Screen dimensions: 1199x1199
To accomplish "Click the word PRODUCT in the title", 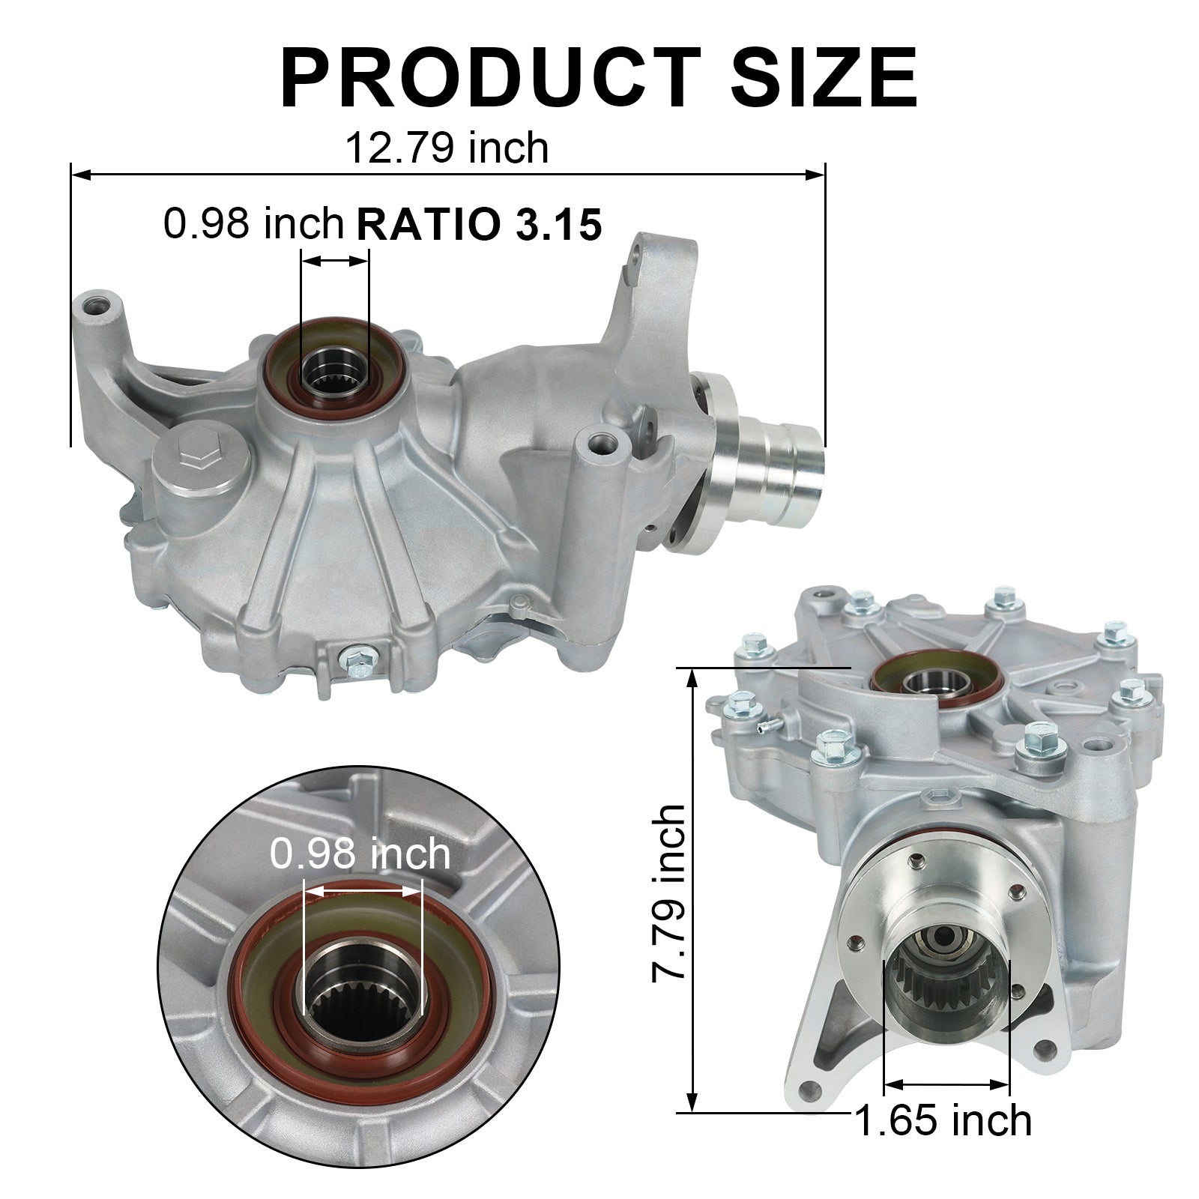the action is click(x=490, y=79).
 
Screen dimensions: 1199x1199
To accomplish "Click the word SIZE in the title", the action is click(x=824, y=79).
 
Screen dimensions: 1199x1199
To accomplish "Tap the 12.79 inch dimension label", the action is click(x=447, y=148).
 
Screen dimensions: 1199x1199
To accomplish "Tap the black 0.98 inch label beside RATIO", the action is click(x=253, y=223).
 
